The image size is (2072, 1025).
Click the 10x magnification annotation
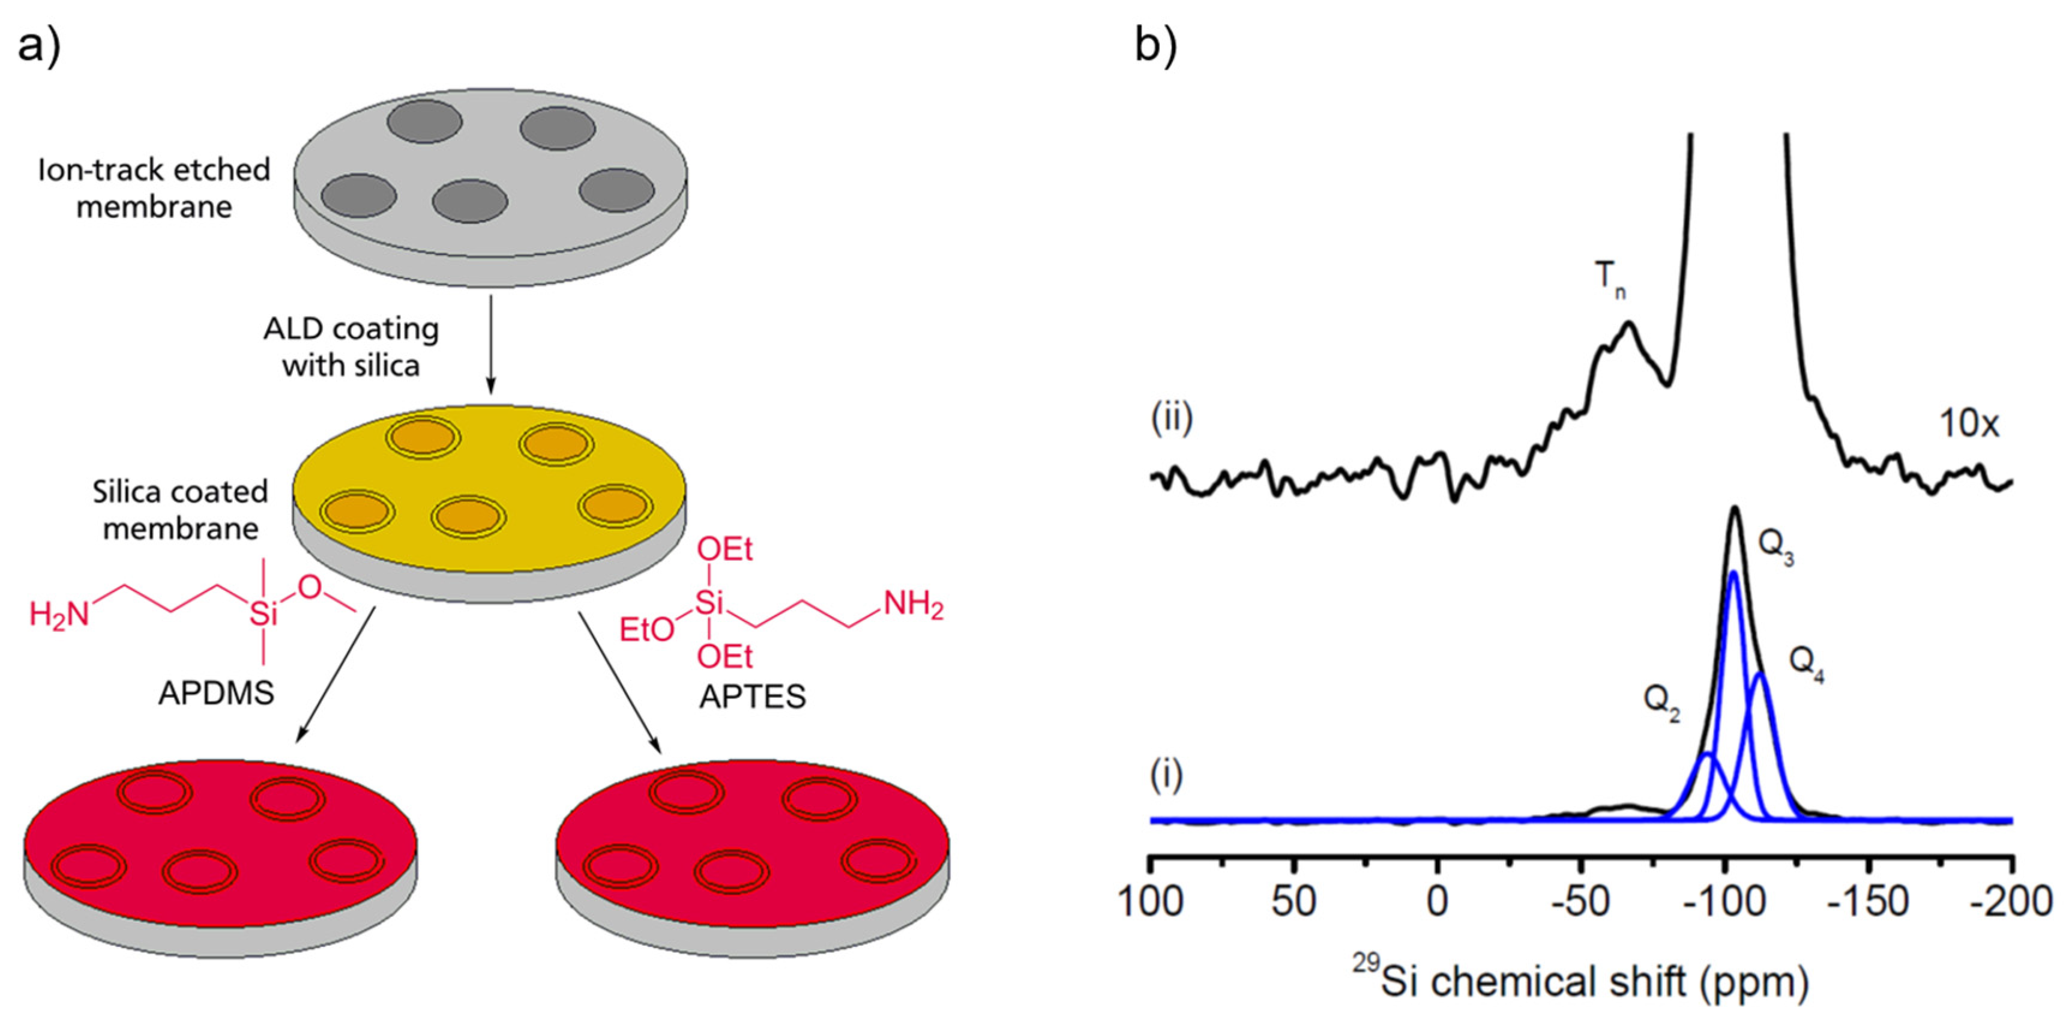pyautogui.click(x=1968, y=424)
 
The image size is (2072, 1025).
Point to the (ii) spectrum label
pyautogui.click(x=1172, y=419)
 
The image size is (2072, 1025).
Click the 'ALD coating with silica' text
pyautogui.click(x=352, y=346)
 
